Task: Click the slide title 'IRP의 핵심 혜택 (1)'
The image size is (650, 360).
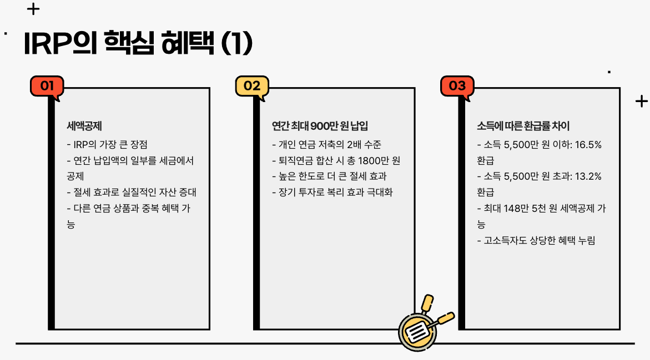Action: pyautogui.click(x=138, y=44)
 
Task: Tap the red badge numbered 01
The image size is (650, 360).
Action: pyautogui.click(x=47, y=86)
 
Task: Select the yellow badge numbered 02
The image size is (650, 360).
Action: pyautogui.click(x=252, y=86)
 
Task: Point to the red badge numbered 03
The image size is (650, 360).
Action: pyautogui.click(x=457, y=86)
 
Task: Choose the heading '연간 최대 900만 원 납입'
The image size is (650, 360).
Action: pyautogui.click(x=320, y=126)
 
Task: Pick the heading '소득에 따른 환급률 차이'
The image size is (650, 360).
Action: pyautogui.click(x=523, y=126)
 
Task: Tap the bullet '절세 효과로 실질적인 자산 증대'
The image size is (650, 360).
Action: pyautogui.click(x=131, y=192)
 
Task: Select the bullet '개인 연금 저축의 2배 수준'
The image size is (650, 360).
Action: pyautogui.click(x=326, y=145)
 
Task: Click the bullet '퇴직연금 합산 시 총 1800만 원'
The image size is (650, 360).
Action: pyautogui.click(x=336, y=161)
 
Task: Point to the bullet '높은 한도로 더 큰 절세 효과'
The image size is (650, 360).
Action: pyautogui.click(x=329, y=176)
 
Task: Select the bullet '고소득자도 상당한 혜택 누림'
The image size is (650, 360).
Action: pyautogui.click(x=536, y=240)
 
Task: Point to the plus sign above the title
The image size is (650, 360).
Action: pyautogui.click(x=33, y=9)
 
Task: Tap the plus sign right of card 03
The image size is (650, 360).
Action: pyautogui.click(x=641, y=101)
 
